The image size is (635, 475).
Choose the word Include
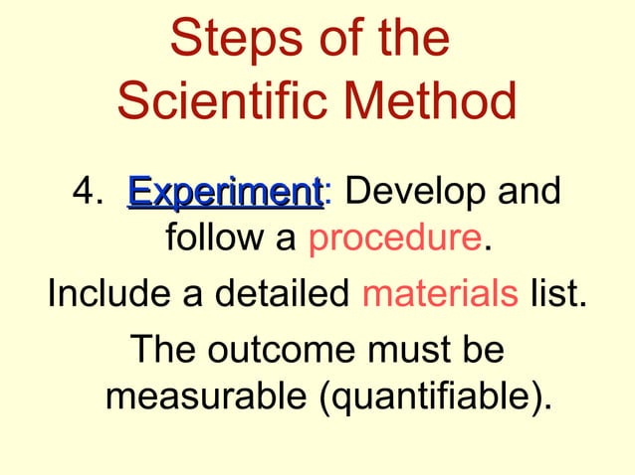coord(106,295)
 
